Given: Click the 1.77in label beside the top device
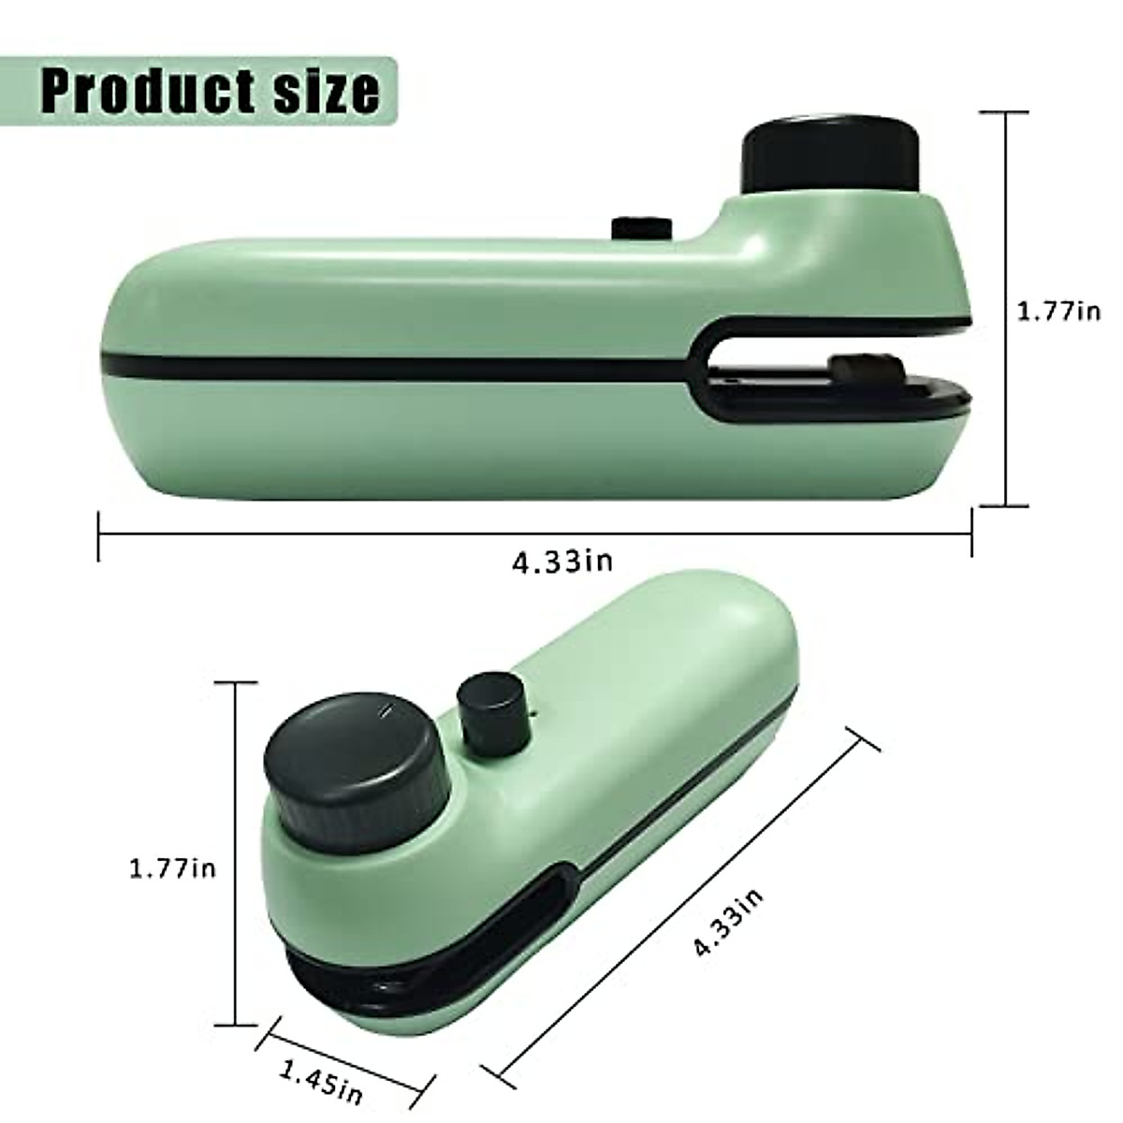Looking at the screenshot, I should pyautogui.click(x=1058, y=311).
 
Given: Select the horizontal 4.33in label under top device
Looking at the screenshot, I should pyautogui.click(x=561, y=561).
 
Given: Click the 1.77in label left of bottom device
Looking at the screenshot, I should pyautogui.click(x=172, y=868).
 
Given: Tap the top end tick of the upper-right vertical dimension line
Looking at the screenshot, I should pyautogui.click(x=1005, y=112).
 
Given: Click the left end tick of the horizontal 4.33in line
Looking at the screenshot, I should pyautogui.click(x=99, y=535).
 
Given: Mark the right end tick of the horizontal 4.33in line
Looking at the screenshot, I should pyautogui.click(x=971, y=533).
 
